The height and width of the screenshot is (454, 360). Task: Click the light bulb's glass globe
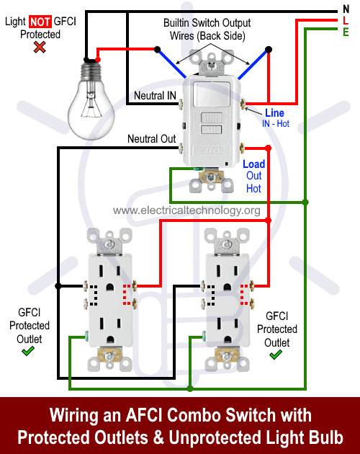click(91, 110)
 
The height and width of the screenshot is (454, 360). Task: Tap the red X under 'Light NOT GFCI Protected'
click(40, 47)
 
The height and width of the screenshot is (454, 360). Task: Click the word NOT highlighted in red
click(40, 22)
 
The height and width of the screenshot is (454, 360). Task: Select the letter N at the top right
click(346, 9)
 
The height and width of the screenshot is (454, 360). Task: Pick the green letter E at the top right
click(346, 32)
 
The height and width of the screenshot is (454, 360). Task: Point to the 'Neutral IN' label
click(155, 96)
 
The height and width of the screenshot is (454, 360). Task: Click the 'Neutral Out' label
click(152, 138)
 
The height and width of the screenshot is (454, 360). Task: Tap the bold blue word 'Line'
click(274, 112)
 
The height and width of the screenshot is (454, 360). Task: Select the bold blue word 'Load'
click(253, 164)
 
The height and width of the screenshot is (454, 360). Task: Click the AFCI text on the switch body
click(212, 151)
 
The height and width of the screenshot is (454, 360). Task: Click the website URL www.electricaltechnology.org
click(186, 210)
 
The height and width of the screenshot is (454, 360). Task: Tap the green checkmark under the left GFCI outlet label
click(28, 351)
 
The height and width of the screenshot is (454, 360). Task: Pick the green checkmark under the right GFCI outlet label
click(276, 355)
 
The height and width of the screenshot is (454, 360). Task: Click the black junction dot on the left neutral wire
click(58, 286)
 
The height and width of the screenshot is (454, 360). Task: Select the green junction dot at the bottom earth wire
click(190, 388)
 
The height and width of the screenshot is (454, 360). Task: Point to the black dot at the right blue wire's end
click(269, 50)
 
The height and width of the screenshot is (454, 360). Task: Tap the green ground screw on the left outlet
click(86, 335)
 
